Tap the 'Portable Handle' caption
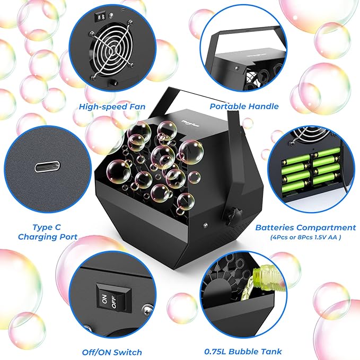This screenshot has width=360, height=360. point(244,107)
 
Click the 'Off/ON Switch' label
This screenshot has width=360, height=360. point(111,352)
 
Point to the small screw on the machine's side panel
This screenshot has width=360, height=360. point(205,225)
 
